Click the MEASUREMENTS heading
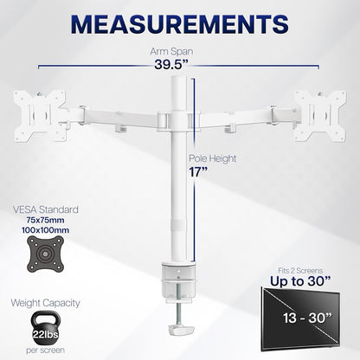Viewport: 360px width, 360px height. tap(179, 24)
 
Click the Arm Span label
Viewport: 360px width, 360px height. tap(171, 51)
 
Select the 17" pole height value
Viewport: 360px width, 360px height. tap(198, 172)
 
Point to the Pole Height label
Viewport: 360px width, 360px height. tap(213, 158)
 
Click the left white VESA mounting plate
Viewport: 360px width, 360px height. tap(40, 116)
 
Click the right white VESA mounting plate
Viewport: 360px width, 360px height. tap(319, 116)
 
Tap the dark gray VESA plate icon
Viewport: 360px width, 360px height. tap(45, 254)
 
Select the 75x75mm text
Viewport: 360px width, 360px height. tap(45, 220)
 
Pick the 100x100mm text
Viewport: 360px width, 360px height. tap(45, 230)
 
